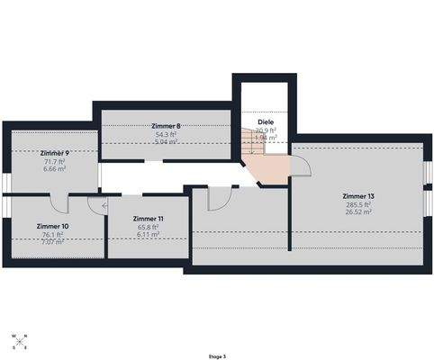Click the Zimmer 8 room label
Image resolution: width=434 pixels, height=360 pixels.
click(x=167, y=126)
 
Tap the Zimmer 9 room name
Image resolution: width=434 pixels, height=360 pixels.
click(x=55, y=153)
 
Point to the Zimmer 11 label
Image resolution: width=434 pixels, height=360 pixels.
click(x=148, y=219)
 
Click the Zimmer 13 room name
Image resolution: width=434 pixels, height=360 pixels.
click(x=358, y=195)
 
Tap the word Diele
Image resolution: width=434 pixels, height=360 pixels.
click(x=265, y=121)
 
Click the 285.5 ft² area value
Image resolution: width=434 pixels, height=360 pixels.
click(x=358, y=205)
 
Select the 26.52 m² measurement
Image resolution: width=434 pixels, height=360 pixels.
click(x=358, y=214)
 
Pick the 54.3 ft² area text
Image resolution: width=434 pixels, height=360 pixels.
click(x=167, y=134)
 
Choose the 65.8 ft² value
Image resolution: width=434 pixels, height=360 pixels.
click(x=148, y=227)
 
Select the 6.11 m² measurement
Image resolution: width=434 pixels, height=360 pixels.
click(x=148, y=235)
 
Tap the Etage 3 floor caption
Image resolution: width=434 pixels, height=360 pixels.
click(x=216, y=356)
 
